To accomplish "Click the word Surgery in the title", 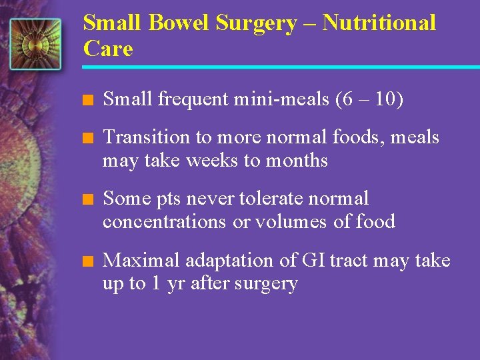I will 256,24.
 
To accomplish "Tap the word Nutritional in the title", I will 379,23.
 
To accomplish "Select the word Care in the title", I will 108,48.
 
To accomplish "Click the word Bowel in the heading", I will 180,23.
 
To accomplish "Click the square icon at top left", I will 35,44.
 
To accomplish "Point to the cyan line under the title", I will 280,67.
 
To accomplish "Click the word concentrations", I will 164,222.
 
